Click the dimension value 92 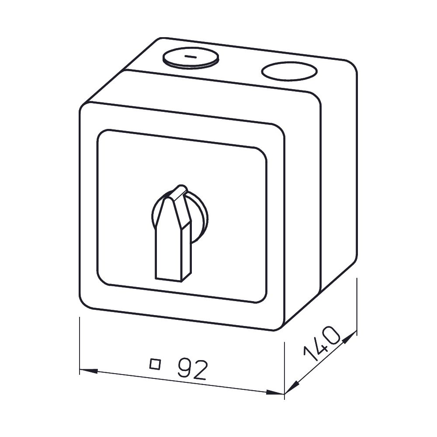(193, 369)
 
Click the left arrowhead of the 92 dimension (89, 371)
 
